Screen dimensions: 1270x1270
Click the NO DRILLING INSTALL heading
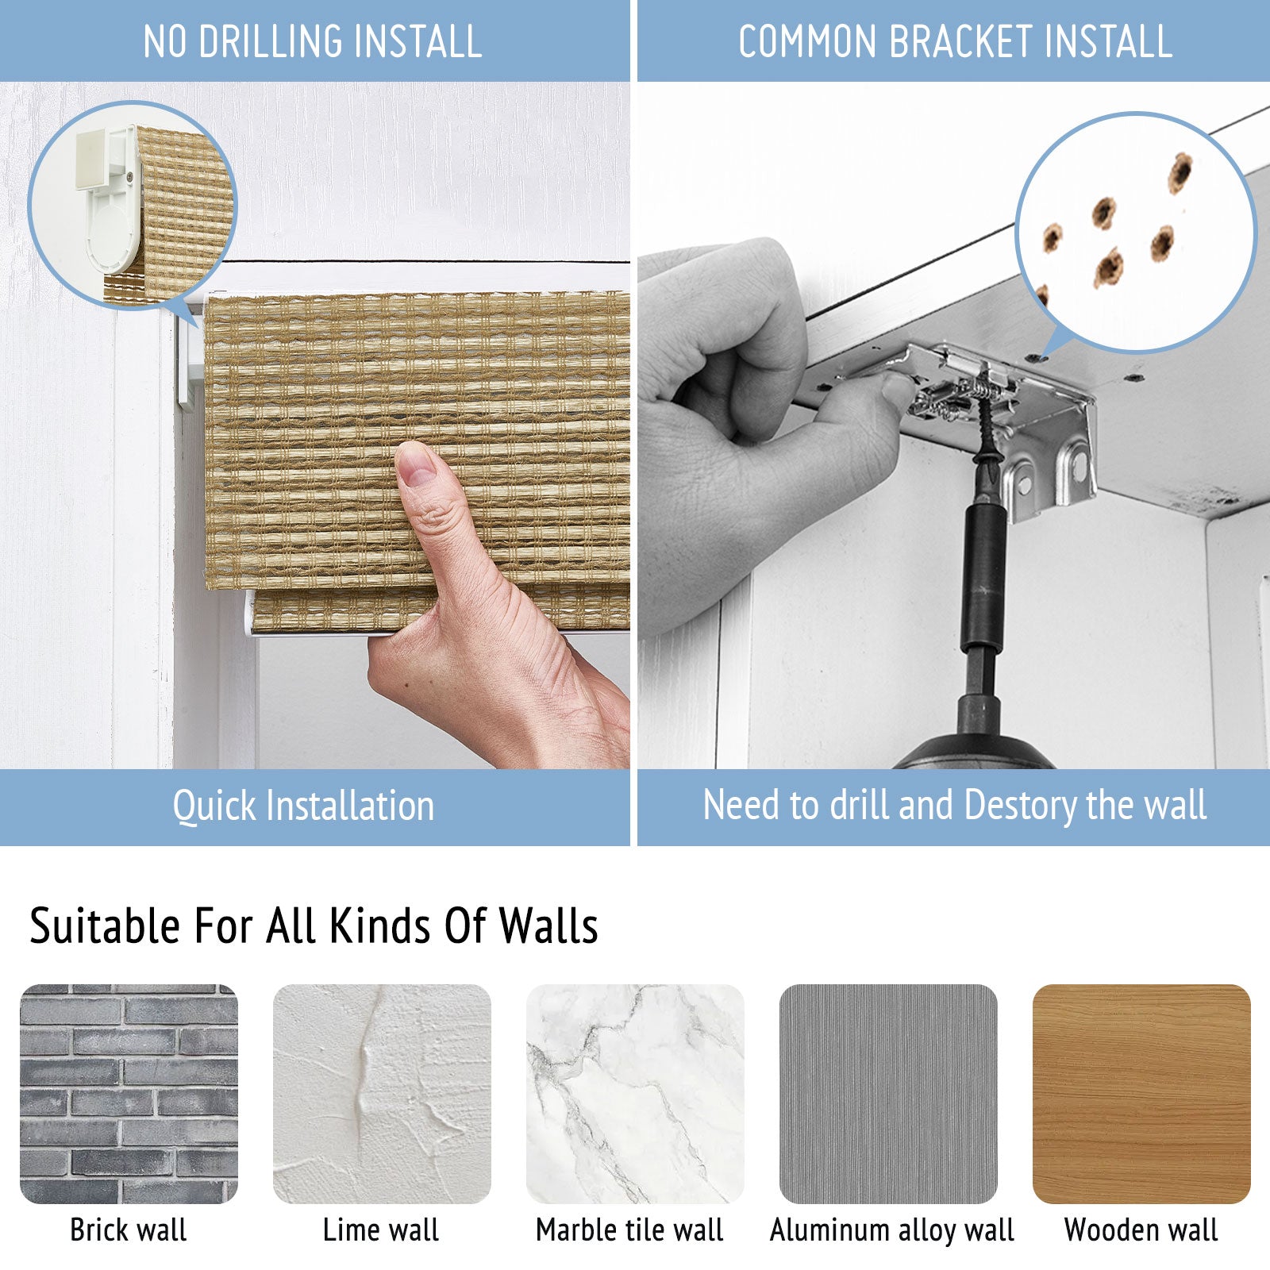(313, 41)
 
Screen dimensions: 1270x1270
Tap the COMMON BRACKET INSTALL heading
(955, 41)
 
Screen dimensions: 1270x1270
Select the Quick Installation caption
(303, 806)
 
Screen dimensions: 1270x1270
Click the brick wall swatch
(129, 1094)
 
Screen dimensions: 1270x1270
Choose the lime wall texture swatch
(382, 1094)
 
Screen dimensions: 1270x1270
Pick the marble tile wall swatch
(635, 1094)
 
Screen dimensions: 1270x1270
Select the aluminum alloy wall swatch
(888, 1094)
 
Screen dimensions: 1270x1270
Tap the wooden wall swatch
(1141, 1094)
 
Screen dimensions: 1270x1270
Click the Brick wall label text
(129, 1230)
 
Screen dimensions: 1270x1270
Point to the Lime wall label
(381, 1230)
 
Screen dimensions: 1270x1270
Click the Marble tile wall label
(629, 1230)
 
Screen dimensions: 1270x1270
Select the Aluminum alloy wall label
(892, 1230)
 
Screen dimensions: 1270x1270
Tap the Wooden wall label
(1141, 1230)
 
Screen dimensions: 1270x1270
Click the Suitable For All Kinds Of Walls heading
(314, 926)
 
